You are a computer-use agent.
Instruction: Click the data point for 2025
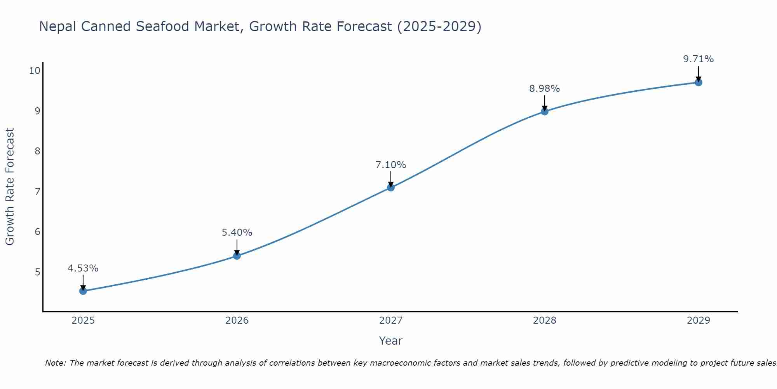[83, 291]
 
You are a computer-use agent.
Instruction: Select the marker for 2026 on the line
[237, 256]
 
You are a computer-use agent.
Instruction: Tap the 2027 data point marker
[391, 187]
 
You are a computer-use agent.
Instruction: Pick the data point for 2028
[545, 112]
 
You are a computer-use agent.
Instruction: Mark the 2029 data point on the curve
[699, 82]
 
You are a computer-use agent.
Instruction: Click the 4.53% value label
[83, 268]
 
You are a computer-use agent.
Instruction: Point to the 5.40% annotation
[237, 233]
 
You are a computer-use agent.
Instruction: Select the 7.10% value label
[391, 165]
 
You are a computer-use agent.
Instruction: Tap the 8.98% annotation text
[545, 89]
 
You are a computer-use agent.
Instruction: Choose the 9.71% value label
[699, 59]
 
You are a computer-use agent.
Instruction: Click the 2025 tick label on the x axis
[83, 321]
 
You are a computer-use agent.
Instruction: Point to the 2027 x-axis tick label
[391, 321]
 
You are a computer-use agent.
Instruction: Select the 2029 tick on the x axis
[699, 321]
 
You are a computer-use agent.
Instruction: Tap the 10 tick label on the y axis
[35, 70]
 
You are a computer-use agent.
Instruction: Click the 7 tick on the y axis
[37, 191]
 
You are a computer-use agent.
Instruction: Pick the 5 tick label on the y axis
[37, 272]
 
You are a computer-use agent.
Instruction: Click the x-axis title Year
[391, 341]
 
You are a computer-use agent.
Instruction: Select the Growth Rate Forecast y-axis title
[10, 187]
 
